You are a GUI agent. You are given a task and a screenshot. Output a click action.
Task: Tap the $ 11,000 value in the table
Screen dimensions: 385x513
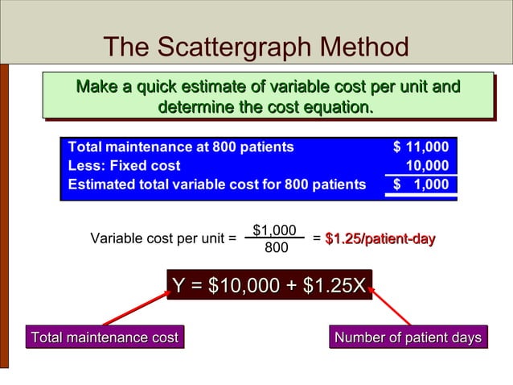pyautogui.click(x=421, y=147)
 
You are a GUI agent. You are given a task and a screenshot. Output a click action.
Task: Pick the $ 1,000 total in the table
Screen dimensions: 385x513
pyautogui.click(x=421, y=184)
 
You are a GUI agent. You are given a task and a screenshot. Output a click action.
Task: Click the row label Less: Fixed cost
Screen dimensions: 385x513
pyautogui.click(x=125, y=166)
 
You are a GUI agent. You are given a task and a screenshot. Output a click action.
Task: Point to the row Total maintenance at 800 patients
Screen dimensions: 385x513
pyautogui.click(x=181, y=147)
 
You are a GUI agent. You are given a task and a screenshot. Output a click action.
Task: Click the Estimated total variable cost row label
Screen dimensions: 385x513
pyautogui.click(x=216, y=184)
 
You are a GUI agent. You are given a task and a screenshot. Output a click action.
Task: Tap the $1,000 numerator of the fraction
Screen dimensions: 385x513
pyautogui.click(x=274, y=230)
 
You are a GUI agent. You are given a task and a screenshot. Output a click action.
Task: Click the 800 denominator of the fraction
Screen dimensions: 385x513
pyautogui.click(x=276, y=247)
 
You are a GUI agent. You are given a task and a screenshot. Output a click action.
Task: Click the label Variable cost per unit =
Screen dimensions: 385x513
pyautogui.click(x=163, y=238)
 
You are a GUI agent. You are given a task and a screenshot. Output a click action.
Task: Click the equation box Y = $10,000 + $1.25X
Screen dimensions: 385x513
pyautogui.click(x=269, y=285)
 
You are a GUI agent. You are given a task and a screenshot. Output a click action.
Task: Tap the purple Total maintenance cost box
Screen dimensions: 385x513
pyautogui.click(x=103, y=337)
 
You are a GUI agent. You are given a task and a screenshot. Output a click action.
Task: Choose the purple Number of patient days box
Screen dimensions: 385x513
pyautogui.click(x=408, y=337)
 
